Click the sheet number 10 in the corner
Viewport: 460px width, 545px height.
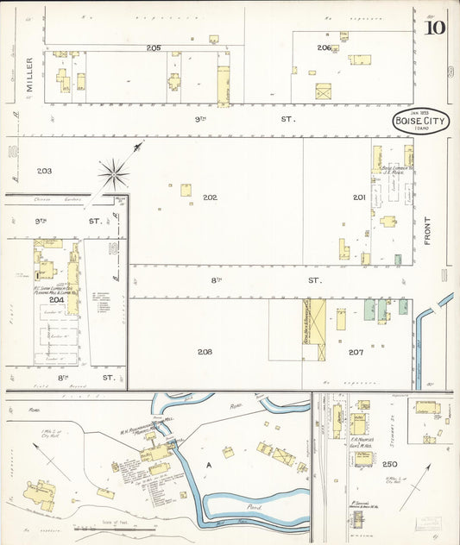click(x=435, y=27)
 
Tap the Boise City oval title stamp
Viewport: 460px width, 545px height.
click(x=420, y=122)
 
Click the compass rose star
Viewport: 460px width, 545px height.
click(x=114, y=174)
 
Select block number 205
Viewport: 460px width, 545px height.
click(x=154, y=47)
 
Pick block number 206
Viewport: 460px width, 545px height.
click(x=324, y=47)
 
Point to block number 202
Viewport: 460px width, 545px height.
click(x=210, y=197)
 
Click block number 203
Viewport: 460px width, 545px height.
click(x=44, y=171)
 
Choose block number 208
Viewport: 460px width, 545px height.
click(x=205, y=352)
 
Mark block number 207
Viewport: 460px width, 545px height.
click(x=356, y=352)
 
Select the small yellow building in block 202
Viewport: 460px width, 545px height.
click(x=186, y=190)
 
